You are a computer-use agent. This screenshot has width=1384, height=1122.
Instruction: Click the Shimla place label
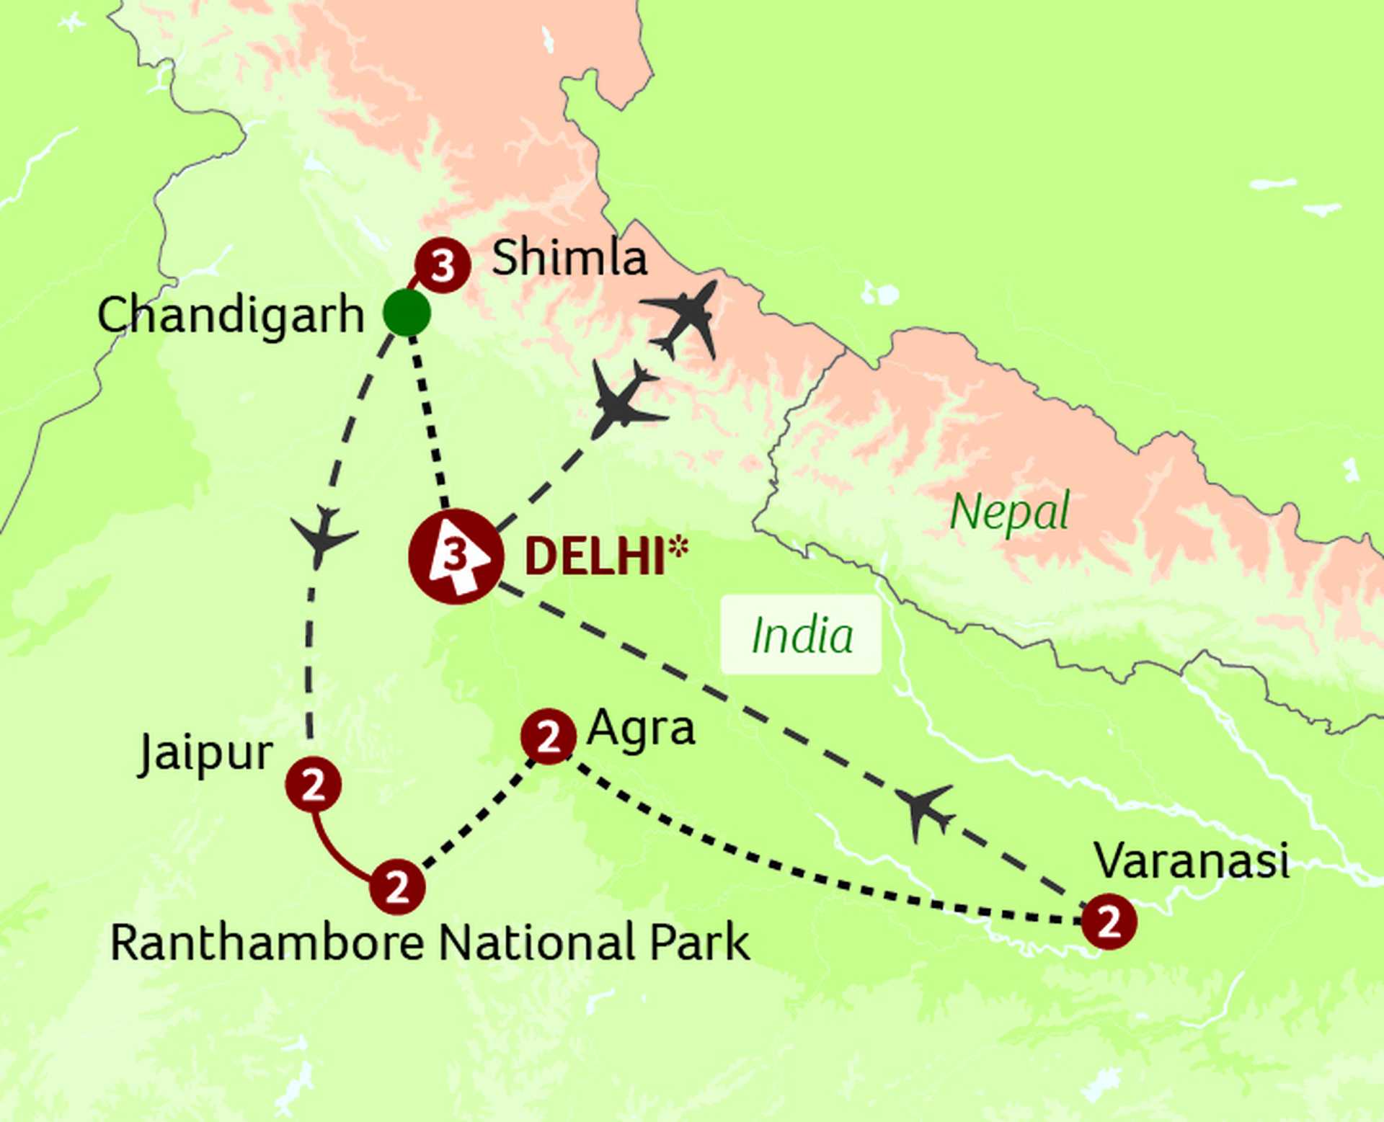tap(569, 257)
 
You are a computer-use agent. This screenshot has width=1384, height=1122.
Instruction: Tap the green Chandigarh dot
tap(407, 313)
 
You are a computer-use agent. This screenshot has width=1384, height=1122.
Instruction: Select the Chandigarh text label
tap(231, 315)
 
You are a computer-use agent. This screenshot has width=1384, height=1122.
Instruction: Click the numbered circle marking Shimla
tap(443, 265)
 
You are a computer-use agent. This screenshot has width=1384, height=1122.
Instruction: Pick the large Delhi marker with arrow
tap(455, 556)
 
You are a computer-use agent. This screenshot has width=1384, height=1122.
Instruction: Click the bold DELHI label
tap(594, 557)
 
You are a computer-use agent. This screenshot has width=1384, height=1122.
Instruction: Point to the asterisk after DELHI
tap(678, 548)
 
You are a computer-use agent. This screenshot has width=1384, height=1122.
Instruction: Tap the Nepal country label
tap(1009, 512)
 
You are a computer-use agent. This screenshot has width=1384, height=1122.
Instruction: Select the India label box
tap(801, 635)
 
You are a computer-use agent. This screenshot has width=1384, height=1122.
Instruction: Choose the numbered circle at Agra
tap(549, 736)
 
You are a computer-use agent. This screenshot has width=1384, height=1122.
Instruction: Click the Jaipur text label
tap(205, 754)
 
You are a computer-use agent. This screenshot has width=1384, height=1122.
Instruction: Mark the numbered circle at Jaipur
tap(314, 784)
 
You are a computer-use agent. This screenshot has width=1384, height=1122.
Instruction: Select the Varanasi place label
tap(1191, 860)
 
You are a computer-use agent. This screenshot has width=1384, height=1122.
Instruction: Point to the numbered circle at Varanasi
tap(1109, 921)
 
